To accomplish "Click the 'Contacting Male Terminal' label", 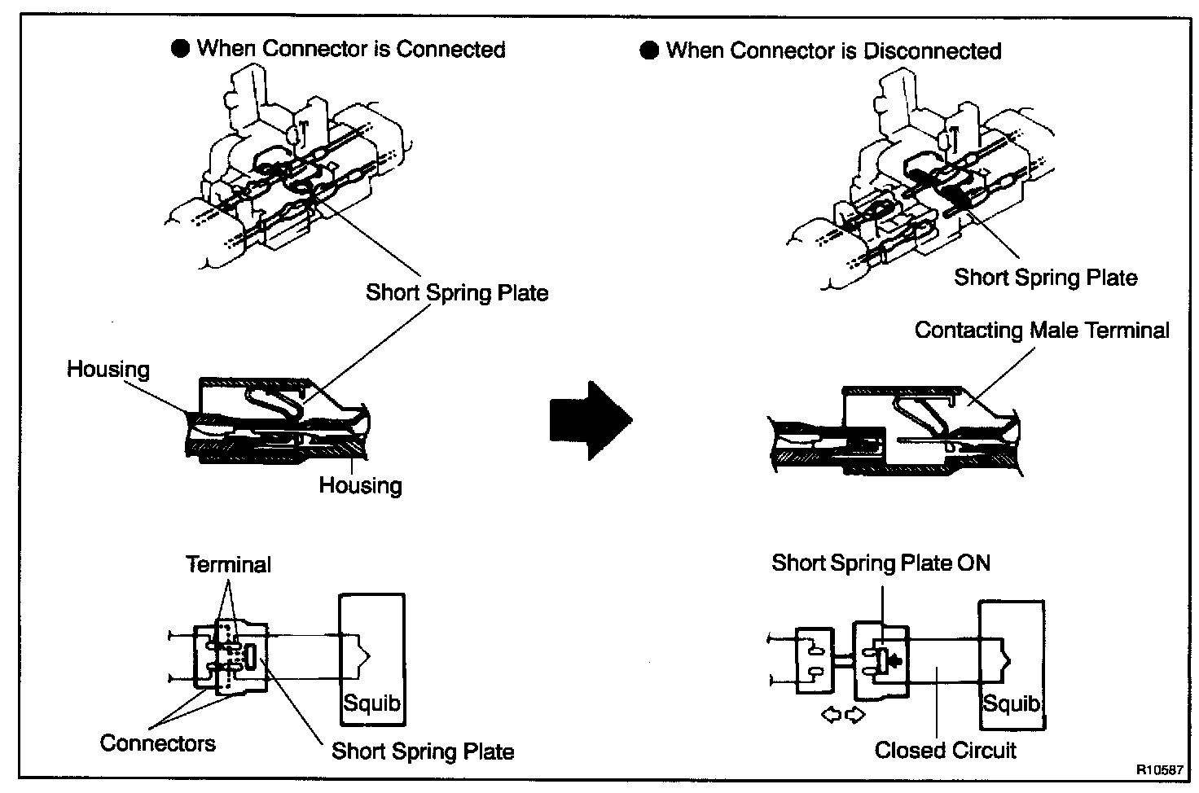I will (x=1041, y=331).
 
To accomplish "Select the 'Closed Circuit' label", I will (x=945, y=750).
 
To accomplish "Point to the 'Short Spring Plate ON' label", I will (x=881, y=563).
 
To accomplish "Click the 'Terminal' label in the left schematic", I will (x=228, y=564).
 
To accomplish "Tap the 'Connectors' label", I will (x=157, y=743).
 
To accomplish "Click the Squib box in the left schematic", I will (x=371, y=659).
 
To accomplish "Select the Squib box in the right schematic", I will (x=1012, y=664).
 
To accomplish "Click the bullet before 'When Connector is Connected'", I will (x=180, y=49).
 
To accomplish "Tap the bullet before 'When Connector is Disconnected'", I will (x=649, y=51).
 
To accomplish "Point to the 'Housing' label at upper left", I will (x=108, y=370).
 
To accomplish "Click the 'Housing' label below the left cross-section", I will (x=360, y=486).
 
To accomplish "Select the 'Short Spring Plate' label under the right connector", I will (x=1045, y=278).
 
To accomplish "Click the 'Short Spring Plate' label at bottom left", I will (x=422, y=751).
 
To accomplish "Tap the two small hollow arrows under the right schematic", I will (x=843, y=715).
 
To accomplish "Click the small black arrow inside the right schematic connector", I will (x=894, y=660).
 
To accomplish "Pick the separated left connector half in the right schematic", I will (x=814, y=659).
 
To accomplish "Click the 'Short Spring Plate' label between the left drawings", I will (x=456, y=292).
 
